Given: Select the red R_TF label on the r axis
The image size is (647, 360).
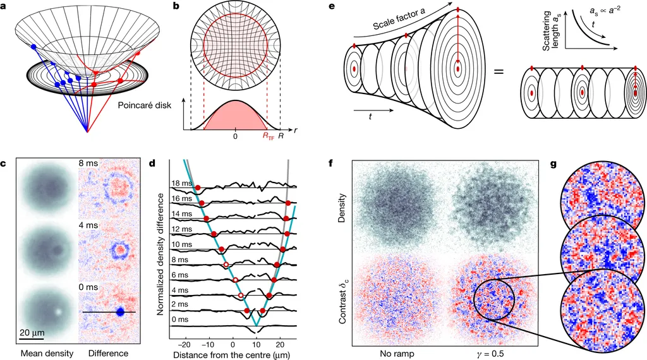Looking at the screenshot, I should point(269,135).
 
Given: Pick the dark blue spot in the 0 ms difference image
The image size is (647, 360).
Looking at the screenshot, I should point(120,312).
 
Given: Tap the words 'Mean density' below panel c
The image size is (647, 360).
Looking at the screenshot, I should point(37,352).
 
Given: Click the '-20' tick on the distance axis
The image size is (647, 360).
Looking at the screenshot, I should point(184,336).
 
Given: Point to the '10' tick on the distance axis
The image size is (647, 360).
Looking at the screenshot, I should point(257,336).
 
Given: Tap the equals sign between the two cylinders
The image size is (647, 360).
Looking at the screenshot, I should point(498,71).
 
